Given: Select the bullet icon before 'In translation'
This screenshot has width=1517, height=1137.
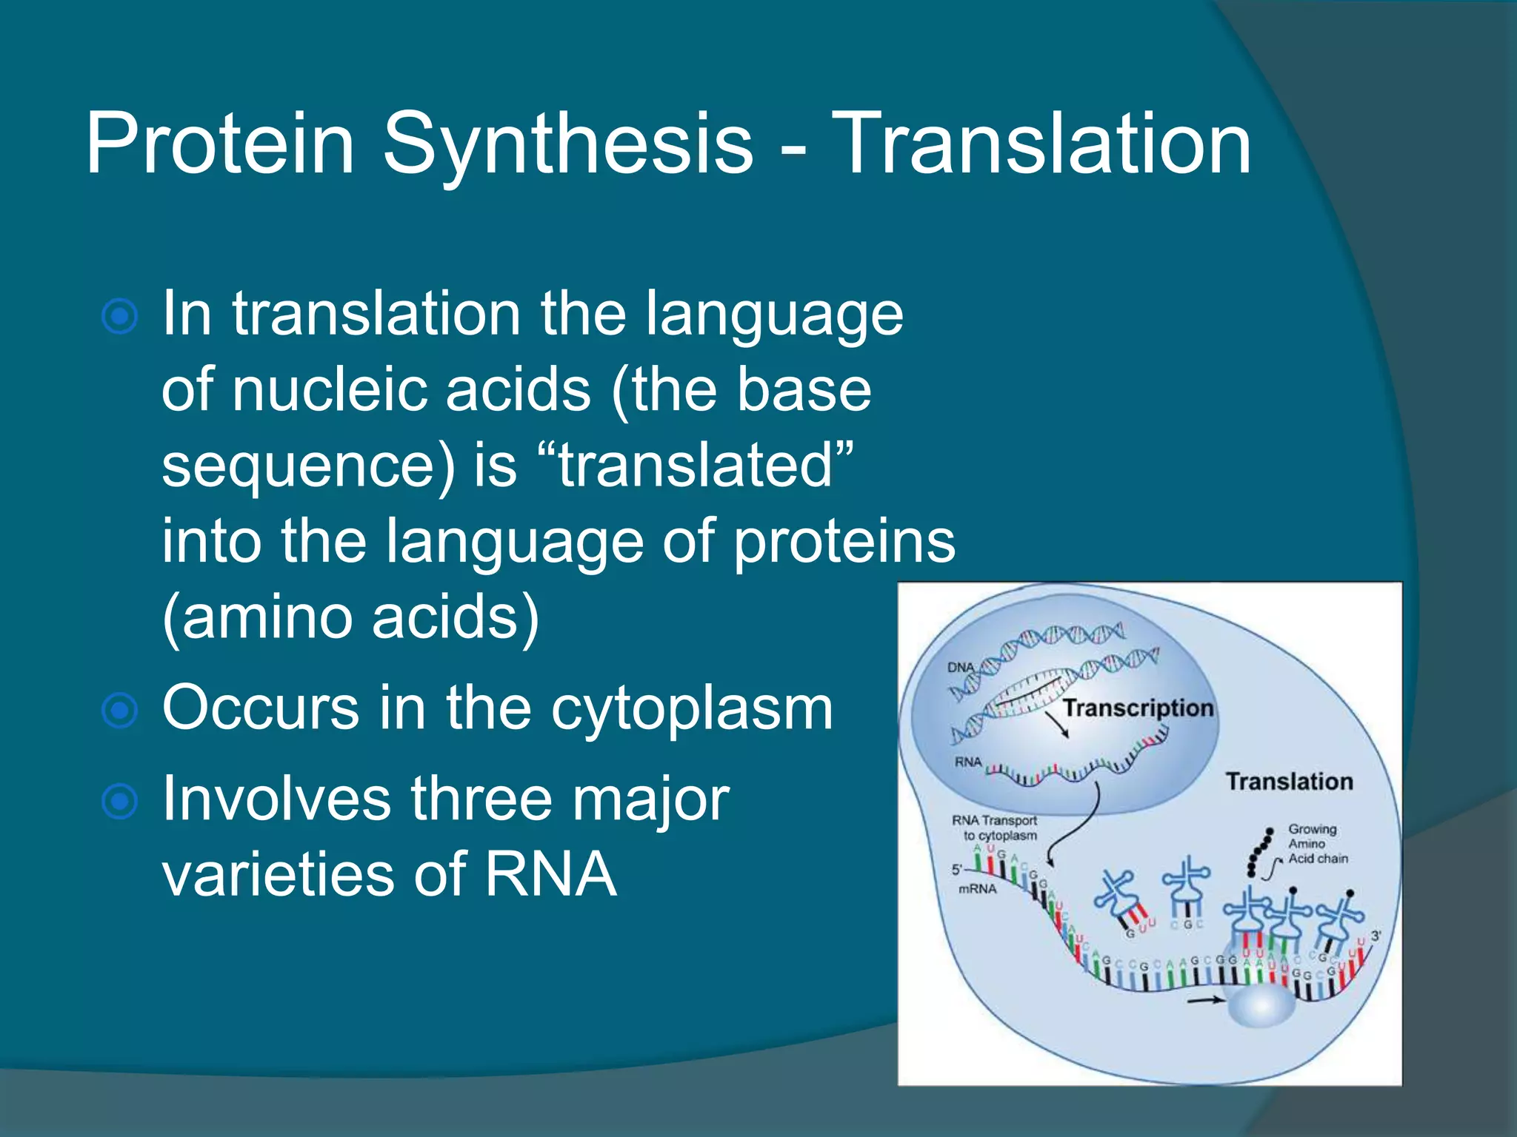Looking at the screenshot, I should (119, 317).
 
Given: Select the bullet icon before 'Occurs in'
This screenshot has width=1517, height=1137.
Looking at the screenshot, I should (119, 711).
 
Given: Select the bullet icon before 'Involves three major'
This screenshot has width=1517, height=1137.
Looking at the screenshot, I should (119, 802).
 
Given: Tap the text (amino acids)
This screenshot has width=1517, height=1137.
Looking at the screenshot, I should (350, 617).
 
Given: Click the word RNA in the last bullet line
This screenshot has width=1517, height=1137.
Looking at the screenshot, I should (550, 875).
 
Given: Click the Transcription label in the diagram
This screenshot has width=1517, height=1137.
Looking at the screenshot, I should (1138, 708).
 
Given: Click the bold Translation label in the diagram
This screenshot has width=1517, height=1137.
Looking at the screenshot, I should (1289, 782).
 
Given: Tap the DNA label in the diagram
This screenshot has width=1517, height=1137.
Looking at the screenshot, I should (961, 667).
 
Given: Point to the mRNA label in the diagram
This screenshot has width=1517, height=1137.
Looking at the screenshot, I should (977, 889).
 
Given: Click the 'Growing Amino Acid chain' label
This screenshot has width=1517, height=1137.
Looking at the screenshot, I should (1317, 844).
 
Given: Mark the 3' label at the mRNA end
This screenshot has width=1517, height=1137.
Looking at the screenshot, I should (1376, 936).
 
